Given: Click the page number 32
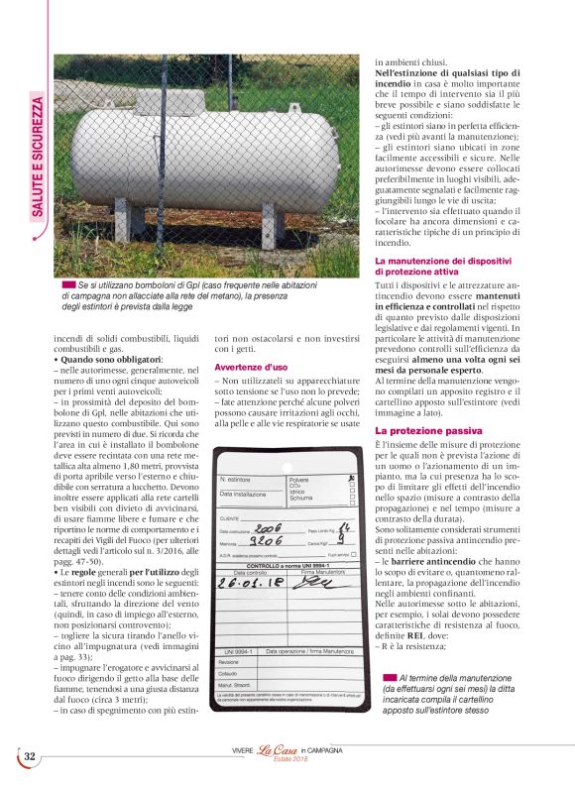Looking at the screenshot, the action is click(30, 757).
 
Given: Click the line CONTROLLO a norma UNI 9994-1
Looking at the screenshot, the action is click(286, 563).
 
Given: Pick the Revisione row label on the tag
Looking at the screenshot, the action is click(230, 663).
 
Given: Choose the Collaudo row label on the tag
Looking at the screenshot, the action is click(230, 674).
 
